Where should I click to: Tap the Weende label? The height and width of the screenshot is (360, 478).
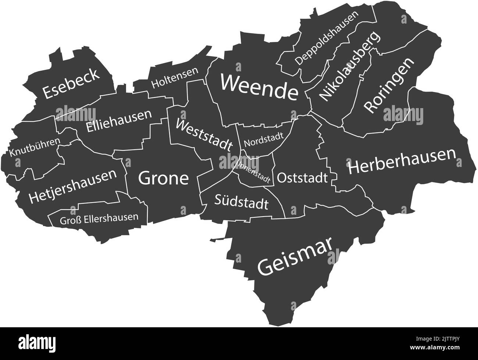(x=259, y=87)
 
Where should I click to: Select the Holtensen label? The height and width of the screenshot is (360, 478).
(x=175, y=78)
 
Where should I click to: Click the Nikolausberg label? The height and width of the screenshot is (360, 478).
(x=349, y=67)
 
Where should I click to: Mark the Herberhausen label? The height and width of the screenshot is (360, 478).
(x=402, y=162)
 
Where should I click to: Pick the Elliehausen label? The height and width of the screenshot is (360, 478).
(x=119, y=121)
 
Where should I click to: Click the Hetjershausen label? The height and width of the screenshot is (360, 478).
(x=73, y=186)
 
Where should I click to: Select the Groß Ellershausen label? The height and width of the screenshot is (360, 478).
(x=99, y=217)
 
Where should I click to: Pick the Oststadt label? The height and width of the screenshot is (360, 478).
(x=302, y=178)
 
